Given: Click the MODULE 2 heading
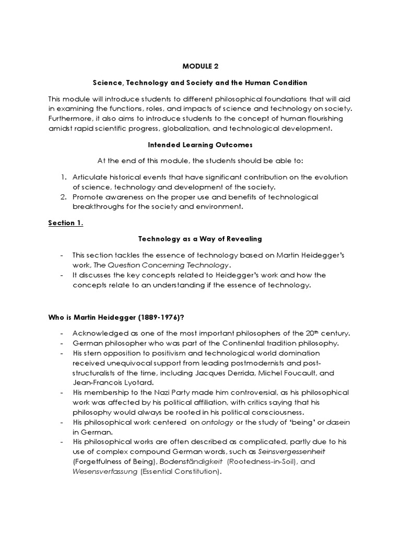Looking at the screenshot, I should click(x=200, y=66).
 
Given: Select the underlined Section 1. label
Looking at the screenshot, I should click(x=66, y=223).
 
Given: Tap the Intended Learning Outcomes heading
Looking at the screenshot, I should click(x=200, y=145).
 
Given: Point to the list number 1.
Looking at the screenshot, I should click(x=64, y=177).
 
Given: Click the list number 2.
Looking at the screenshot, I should click(x=64, y=196).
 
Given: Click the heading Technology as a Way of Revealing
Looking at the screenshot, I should click(x=200, y=239).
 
